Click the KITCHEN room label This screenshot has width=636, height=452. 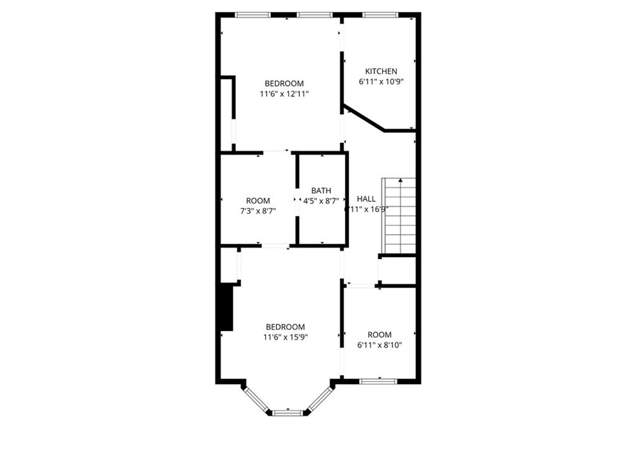click(x=381, y=71)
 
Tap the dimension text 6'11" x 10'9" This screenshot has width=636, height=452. click(x=381, y=81)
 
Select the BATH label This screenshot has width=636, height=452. click(x=321, y=191)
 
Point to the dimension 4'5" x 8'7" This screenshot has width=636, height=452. click(x=321, y=201)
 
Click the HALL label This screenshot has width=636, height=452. click(x=366, y=199)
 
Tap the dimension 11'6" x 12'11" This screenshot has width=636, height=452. click(x=284, y=94)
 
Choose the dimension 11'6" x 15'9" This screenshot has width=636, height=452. click(x=285, y=337)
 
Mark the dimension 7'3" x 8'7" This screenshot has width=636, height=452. click(x=258, y=210)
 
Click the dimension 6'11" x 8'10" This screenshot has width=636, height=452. click(x=379, y=345)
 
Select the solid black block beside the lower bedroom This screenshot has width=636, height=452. click(x=227, y=307)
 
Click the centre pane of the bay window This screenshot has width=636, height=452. click(x=287, y=412)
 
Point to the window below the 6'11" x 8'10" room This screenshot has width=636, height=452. click(x=378, y=380)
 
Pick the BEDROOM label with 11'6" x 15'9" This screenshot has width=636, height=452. click(x=285, y=327)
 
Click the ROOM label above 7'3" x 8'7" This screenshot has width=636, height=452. click(x=258, y=201)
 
